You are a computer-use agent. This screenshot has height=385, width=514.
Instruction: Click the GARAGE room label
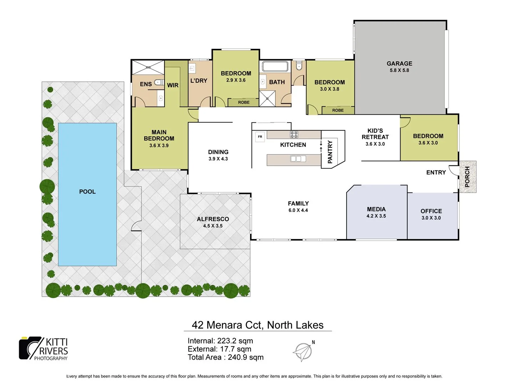(399, 63)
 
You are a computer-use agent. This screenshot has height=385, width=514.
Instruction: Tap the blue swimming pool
(87, 194)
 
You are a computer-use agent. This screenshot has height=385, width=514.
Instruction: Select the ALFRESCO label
(213, 219)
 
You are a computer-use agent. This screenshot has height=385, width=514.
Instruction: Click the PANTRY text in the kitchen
(330, 152)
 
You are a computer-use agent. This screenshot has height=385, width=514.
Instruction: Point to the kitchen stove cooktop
(294, 135)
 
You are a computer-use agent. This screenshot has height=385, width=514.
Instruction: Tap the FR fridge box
(260, 137)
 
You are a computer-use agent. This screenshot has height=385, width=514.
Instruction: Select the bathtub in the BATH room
(275, 67)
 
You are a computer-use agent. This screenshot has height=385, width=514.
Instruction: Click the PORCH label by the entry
(467, 177)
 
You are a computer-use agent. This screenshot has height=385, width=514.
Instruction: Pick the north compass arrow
(303, 352)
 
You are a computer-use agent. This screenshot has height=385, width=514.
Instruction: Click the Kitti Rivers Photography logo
(44, 349)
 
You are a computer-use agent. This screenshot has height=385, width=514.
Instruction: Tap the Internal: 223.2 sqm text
(220, 341)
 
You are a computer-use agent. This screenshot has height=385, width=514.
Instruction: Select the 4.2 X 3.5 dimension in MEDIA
(376, 216)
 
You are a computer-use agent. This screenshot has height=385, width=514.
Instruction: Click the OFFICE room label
(431, 211)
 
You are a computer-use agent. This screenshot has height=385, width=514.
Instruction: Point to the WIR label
(173, 85)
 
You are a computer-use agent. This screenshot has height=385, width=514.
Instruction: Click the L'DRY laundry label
(198, 81)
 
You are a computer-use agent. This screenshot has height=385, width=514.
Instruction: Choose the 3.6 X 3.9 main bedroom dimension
(159, 145)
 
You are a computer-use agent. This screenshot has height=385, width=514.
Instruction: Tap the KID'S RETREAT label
(375, 134)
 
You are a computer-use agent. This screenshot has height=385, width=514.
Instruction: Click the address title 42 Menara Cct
(257, 325)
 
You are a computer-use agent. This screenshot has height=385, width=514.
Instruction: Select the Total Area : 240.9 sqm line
(226, 357)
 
